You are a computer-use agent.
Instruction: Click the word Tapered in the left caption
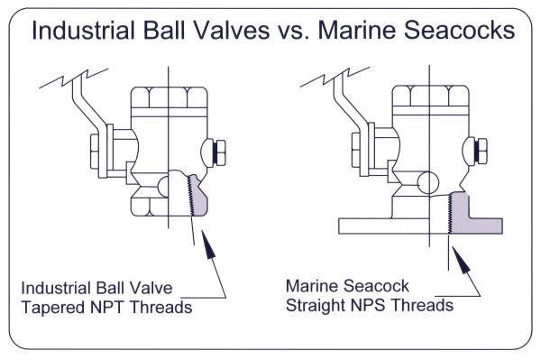point(51,306)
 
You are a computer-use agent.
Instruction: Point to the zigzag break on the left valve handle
point(67,79)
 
